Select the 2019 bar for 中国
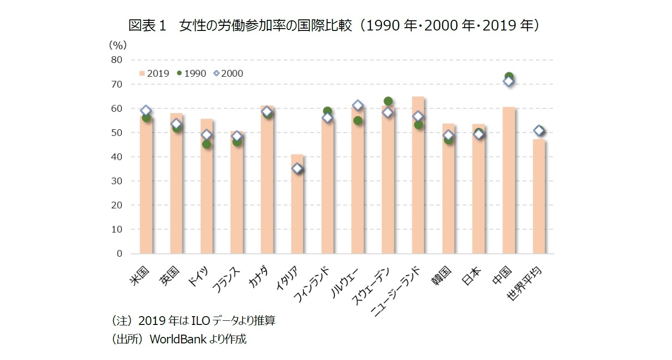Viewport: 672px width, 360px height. click(509, 185)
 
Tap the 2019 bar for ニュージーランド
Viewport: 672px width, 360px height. click(418, 185)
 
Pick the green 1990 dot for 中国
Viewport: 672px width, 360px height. click(509, 77)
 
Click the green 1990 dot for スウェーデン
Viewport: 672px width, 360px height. click(388, 101)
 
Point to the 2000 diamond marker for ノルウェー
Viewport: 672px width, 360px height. click(357, 106)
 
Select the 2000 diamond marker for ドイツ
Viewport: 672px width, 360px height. click(207, 135)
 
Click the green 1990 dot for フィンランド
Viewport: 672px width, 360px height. click(327, 111)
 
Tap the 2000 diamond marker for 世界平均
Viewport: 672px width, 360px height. click(539, 131)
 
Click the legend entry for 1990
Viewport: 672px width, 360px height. click(192, 73)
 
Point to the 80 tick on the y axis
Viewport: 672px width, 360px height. click(116, 60)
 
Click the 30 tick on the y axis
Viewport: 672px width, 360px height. click(116, 181)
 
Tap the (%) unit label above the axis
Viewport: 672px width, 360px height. click(117, 45)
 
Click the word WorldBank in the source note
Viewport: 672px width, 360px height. click(172, 340)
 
